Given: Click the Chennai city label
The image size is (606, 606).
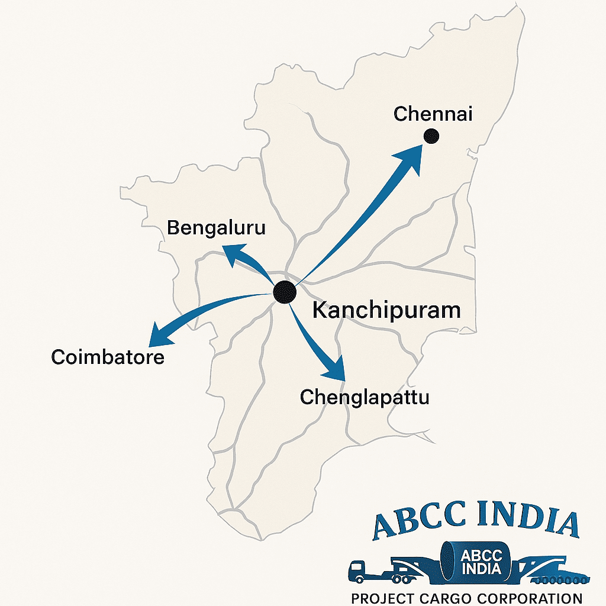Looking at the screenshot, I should pyautogui.click(x=433, y=114).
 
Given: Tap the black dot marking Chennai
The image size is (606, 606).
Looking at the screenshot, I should pyautogui.click(x=432, y=136).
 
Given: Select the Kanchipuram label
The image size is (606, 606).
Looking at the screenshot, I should pyautogui.click(x=386, y=310).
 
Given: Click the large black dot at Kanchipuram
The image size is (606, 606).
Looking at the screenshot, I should pyautogui.click(x=285, y=292).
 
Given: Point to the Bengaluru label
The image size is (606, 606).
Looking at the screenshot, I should pyautogui.click(x=216, y=228).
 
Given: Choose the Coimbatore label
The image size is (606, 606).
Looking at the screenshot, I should pyautogui.click(x=108, y=357).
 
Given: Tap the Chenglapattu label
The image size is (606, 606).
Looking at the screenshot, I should pyautogui.click(x=365, y=397).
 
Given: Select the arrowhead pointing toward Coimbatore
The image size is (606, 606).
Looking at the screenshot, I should pyautogui.click(x=159, y=336).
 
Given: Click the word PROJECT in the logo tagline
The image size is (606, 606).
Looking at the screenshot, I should pyautogui.click(x=382, y=598).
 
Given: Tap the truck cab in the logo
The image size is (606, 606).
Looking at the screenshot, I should pyautogui.click(x=359, y=569).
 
